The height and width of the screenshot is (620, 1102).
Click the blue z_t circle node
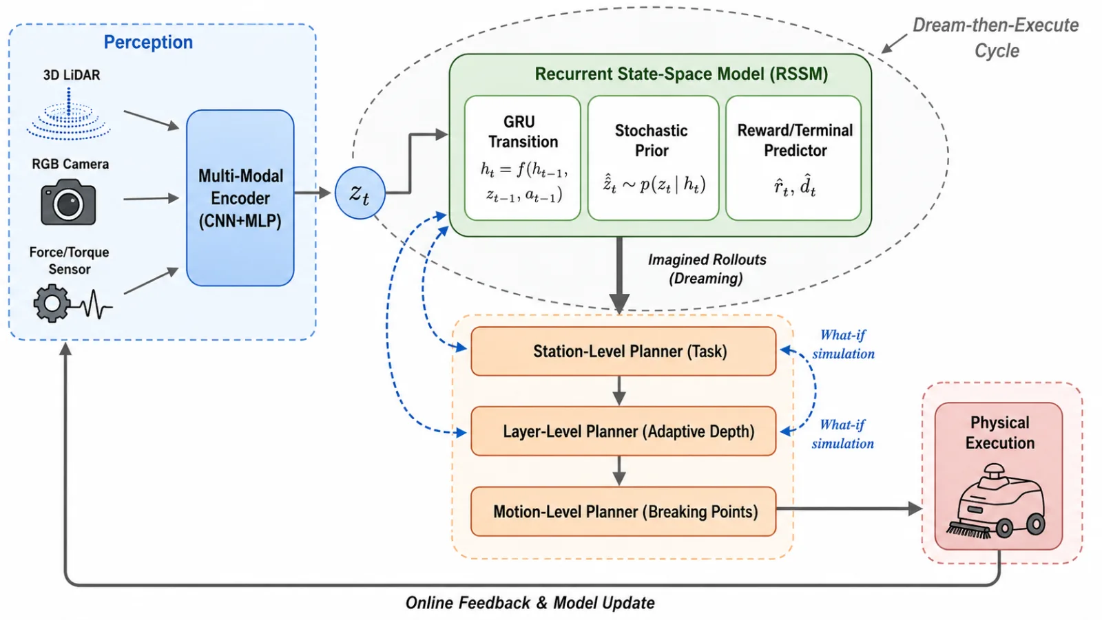point(360,193)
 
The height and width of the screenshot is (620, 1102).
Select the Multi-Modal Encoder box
point(240,197)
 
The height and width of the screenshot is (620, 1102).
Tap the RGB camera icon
point(68,202)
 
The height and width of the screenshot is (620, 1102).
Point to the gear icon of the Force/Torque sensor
point(51,303)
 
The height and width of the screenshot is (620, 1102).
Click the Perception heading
point(148,42)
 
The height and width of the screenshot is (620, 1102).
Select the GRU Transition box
point(523,158)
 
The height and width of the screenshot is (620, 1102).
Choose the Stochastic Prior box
point(653,158)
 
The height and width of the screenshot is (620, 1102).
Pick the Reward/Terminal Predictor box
point(793,158)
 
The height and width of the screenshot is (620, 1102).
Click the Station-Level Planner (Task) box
point(623,351)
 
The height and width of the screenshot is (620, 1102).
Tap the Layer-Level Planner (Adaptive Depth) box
point(623,431)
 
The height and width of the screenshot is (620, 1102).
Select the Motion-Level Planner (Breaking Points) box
point(623,511)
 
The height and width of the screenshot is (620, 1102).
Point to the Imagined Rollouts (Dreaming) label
point(707,269)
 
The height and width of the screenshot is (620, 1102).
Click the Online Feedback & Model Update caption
point(530,603)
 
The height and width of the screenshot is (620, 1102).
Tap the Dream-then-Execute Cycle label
point(996,38)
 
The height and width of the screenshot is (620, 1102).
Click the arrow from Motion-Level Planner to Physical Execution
point(849,509)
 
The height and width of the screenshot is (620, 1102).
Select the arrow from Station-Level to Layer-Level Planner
point(619,391)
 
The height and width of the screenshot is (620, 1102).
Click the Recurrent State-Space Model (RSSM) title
point(681,74)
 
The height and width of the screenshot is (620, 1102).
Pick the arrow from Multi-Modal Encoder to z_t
point(313,193)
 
